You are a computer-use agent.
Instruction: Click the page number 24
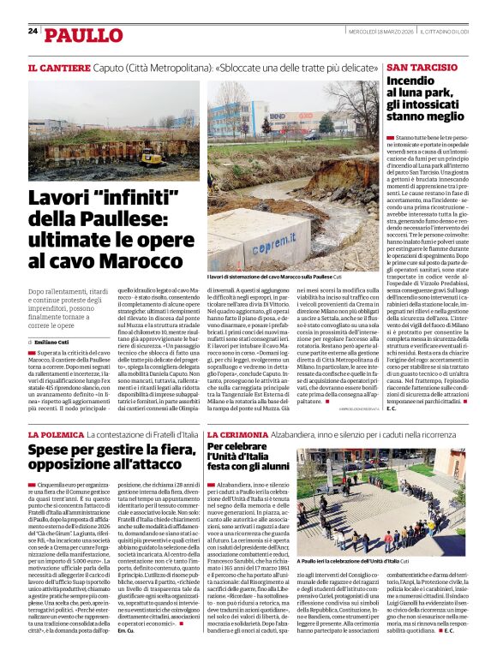pyautogui.click(x=33, y=31)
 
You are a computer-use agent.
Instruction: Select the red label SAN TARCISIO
pyautogui.click(x=422, y=67)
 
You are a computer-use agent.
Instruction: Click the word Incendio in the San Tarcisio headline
pyautogui.click(x=411, y=81)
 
